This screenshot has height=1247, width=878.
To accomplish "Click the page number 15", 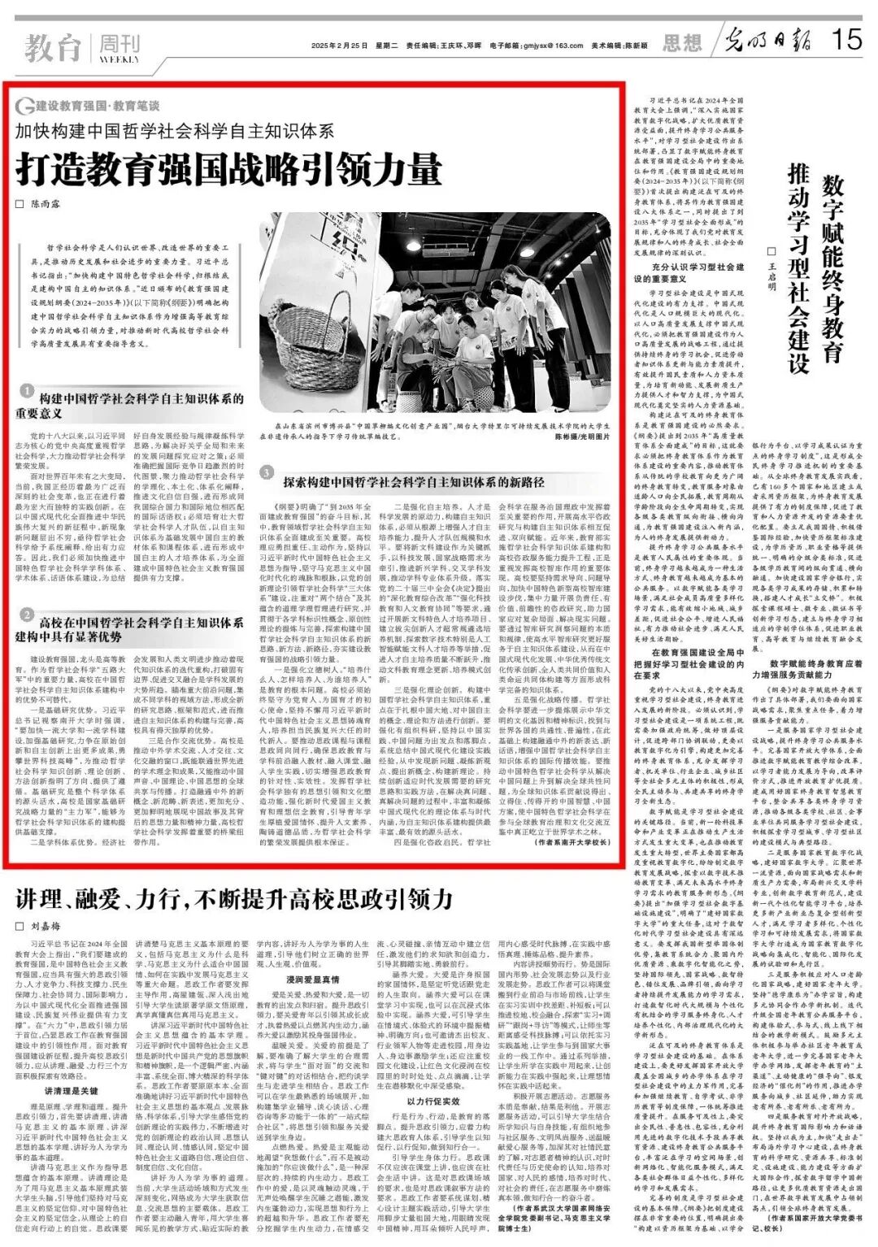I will click(848, 38).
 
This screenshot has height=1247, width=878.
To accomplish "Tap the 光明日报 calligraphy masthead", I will click(767, 39).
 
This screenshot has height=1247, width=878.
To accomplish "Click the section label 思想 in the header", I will click(681, 42).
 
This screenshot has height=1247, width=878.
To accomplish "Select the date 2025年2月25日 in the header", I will click(336, 46).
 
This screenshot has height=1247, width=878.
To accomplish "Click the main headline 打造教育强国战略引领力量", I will click(229, 168).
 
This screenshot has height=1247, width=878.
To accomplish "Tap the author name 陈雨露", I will click(46, 204).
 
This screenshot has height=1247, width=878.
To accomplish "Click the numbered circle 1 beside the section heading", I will click(27, 390).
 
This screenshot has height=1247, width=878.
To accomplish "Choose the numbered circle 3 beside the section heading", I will click(267, 473).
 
